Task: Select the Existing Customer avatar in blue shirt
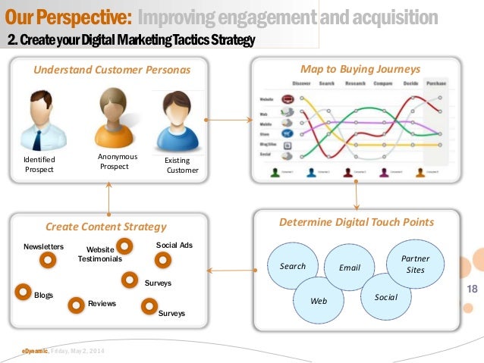[178, 122]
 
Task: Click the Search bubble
[293, 266]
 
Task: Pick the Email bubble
[350, 268]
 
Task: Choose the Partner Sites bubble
[415, 264]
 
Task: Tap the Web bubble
[319, 300]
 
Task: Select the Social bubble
[385, 296]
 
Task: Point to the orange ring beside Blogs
[24, 289]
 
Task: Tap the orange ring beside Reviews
[76, 305]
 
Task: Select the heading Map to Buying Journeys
[360, 69]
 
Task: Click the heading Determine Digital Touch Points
[357, 222]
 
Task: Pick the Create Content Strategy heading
[105, 226]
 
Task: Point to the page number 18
[472, 290]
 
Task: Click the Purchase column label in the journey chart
[435, 83]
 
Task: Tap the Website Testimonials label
[99, 254]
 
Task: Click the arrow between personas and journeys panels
[231, 120]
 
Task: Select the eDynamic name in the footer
[35, 351]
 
